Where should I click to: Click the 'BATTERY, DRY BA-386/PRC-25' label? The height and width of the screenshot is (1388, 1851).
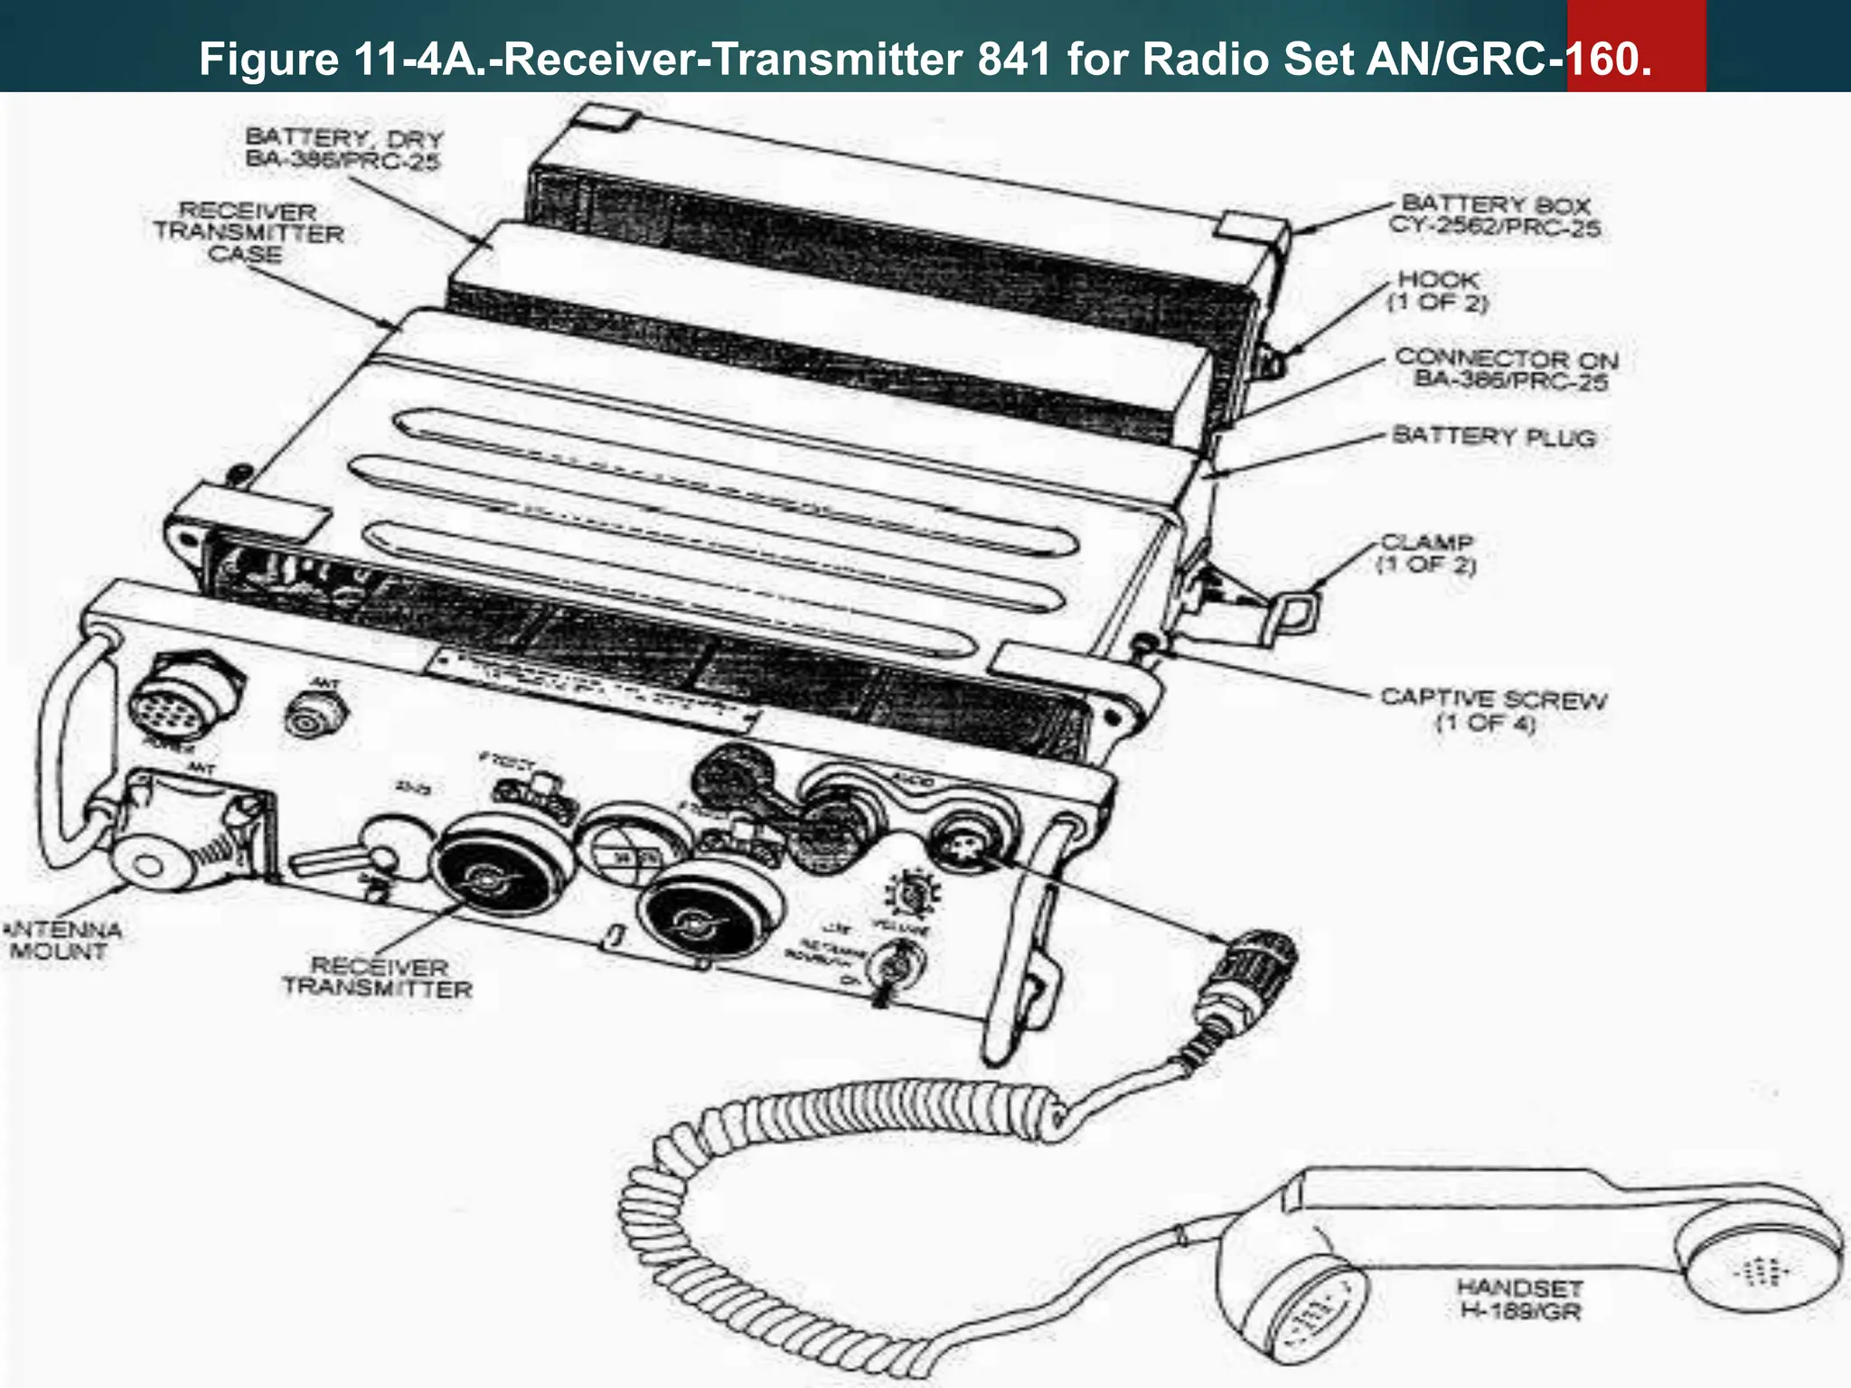click(343, 149)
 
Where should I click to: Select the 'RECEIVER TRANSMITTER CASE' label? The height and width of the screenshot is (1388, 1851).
click(248, 233)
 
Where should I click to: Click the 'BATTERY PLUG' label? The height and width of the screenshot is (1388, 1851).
click(1493, 436)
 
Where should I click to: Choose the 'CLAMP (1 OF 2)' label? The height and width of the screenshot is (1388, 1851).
click(1425, 553)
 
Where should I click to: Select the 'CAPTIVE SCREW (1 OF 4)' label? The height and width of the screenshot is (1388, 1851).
click(1492, 709)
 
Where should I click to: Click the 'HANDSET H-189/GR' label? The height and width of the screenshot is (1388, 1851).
click(1520, 1299)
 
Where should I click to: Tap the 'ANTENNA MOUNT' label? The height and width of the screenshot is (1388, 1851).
click(61, 940)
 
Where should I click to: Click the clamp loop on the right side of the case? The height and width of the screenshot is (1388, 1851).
click(1295, 613)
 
